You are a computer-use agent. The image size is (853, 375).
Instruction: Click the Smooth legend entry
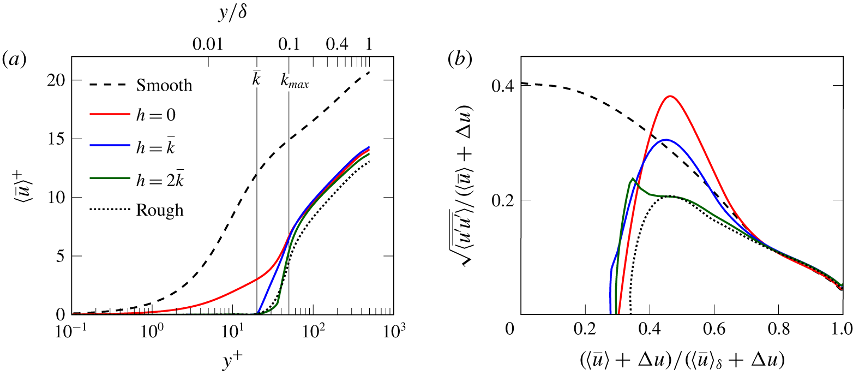coord(164,86)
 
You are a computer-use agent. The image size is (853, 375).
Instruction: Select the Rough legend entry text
coord(160,211)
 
